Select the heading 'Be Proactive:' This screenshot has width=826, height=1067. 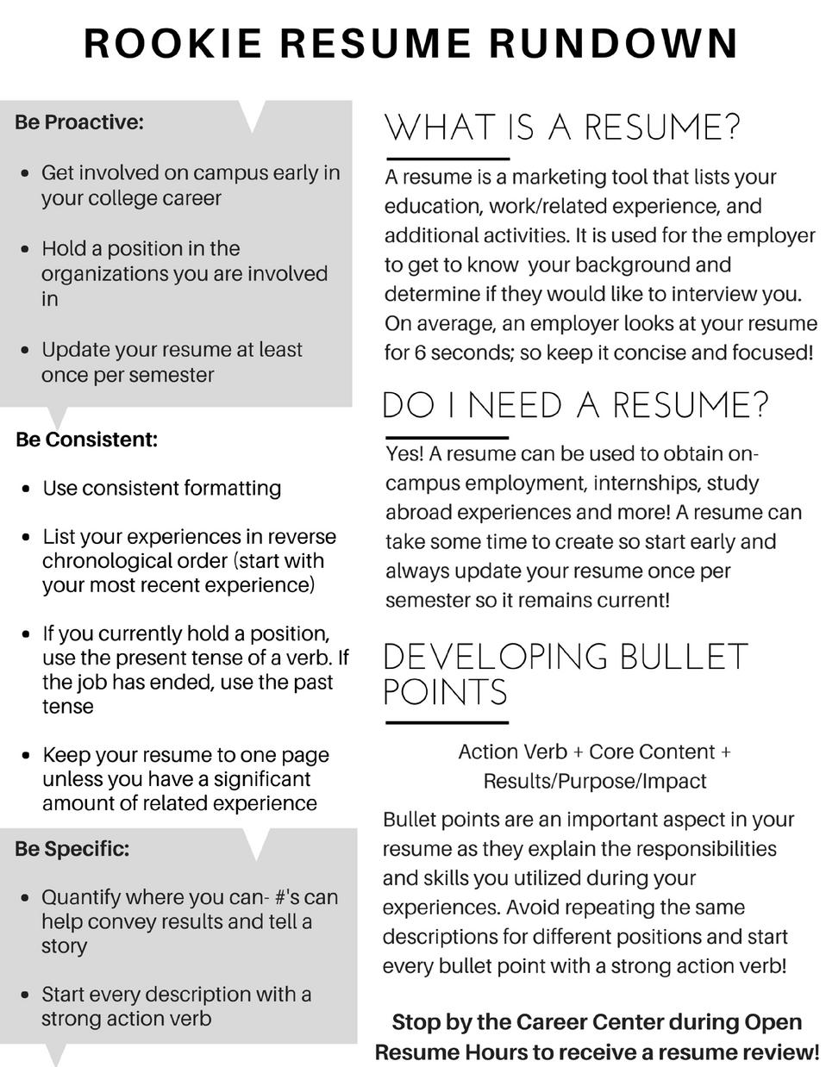[79, 122]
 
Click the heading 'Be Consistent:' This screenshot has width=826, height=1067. [87, 440]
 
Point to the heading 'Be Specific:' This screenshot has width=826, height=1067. [72, 849]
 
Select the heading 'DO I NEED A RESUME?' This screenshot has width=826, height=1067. [575, 405]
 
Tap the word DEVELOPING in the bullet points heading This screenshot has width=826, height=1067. [495, 658]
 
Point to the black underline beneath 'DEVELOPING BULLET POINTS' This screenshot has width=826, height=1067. [447, 722]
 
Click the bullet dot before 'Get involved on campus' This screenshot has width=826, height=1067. [27, 173]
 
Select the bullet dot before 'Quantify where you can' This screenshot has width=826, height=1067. [27, 898]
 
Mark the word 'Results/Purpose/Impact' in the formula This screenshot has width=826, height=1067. [595, 781]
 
